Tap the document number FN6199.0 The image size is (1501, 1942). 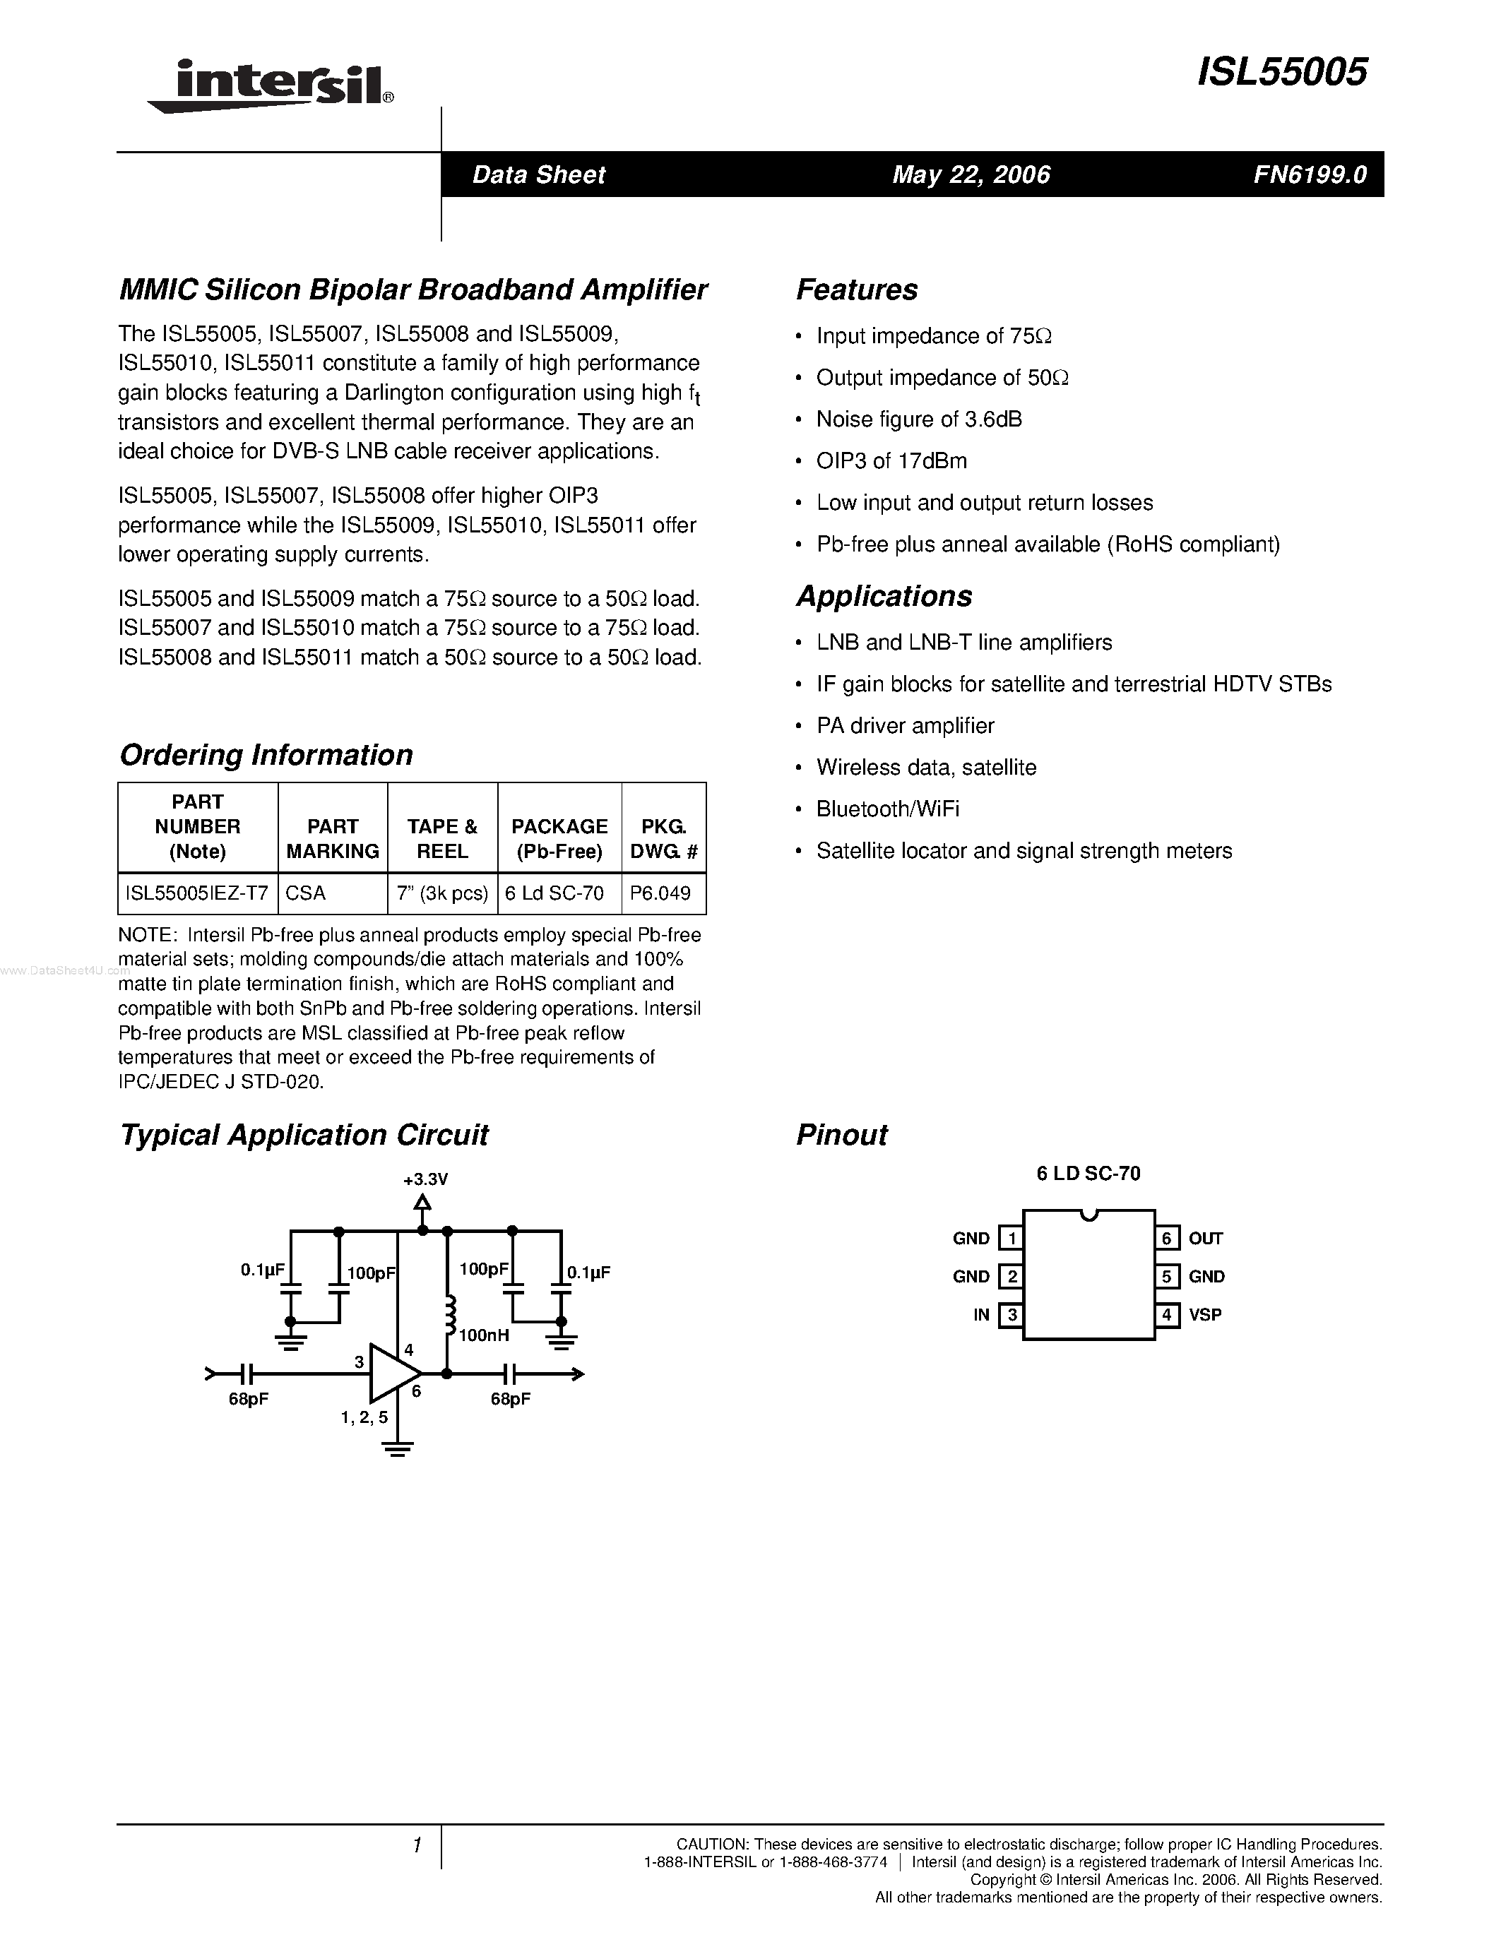pos(1309,175)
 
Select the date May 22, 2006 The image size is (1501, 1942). pos(971,175)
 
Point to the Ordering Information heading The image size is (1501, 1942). pos(266,755)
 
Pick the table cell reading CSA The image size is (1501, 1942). pos(306,893)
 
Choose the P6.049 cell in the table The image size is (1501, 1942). pos(660,893)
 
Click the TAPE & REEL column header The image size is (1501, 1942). pos(442,838)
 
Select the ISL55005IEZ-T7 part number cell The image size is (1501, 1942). pos(197,893)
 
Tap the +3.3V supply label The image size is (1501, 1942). pos(425,1180)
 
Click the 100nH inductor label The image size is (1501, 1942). pos(484,1335)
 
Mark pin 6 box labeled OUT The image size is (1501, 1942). pos(1167,1238)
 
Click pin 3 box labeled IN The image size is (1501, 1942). pos(1011,1315)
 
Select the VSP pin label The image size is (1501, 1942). pos(1205,1315)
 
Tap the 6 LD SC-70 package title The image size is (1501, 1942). pos(1088,1174)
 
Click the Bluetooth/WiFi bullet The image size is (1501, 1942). pos(887,809)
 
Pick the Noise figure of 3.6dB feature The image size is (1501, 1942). pos(918,419)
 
